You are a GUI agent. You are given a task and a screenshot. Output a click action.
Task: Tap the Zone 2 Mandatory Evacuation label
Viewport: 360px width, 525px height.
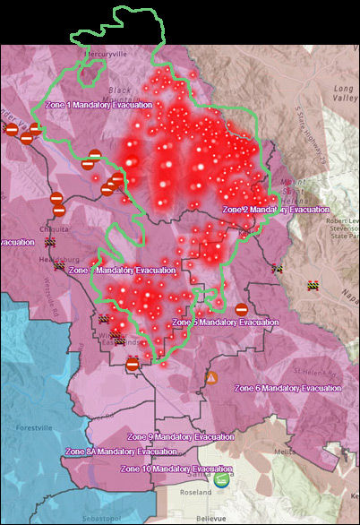tap(276, 209)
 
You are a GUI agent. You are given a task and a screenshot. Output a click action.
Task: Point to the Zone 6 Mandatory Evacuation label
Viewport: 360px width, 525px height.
tap(287, 388)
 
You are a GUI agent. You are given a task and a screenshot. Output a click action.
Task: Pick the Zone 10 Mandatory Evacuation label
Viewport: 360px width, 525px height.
tap(176, 469)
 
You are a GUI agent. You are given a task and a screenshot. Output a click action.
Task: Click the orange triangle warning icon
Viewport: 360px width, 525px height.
tap(211, 379)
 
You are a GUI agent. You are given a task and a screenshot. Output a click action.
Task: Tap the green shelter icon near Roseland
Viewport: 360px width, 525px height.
tap(221, 481)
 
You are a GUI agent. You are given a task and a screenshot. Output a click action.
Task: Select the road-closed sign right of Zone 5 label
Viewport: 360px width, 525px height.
tap(241, 309)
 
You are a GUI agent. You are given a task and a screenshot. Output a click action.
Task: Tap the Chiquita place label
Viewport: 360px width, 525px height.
tap(51, 228)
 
